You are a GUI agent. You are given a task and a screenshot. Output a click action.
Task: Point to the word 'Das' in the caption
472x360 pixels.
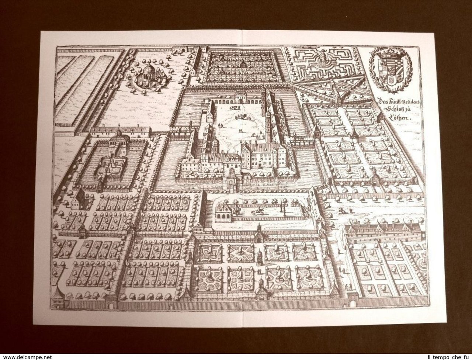tap(377, 101)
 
